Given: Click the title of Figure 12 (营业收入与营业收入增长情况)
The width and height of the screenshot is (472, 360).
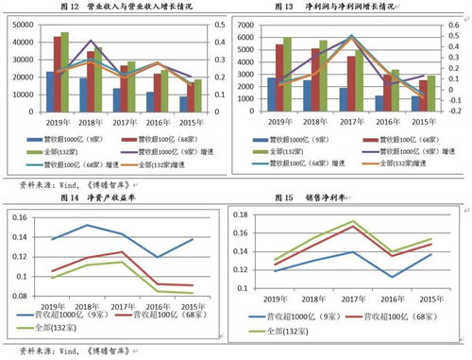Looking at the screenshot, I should click(x=131, y=8).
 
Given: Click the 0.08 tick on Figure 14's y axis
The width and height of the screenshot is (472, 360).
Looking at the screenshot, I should click(x=19, y=298).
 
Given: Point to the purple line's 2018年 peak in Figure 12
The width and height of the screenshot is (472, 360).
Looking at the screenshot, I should click(x=91, y=42).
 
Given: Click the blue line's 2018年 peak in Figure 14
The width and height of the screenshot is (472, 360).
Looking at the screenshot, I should click(x=87, y=225).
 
